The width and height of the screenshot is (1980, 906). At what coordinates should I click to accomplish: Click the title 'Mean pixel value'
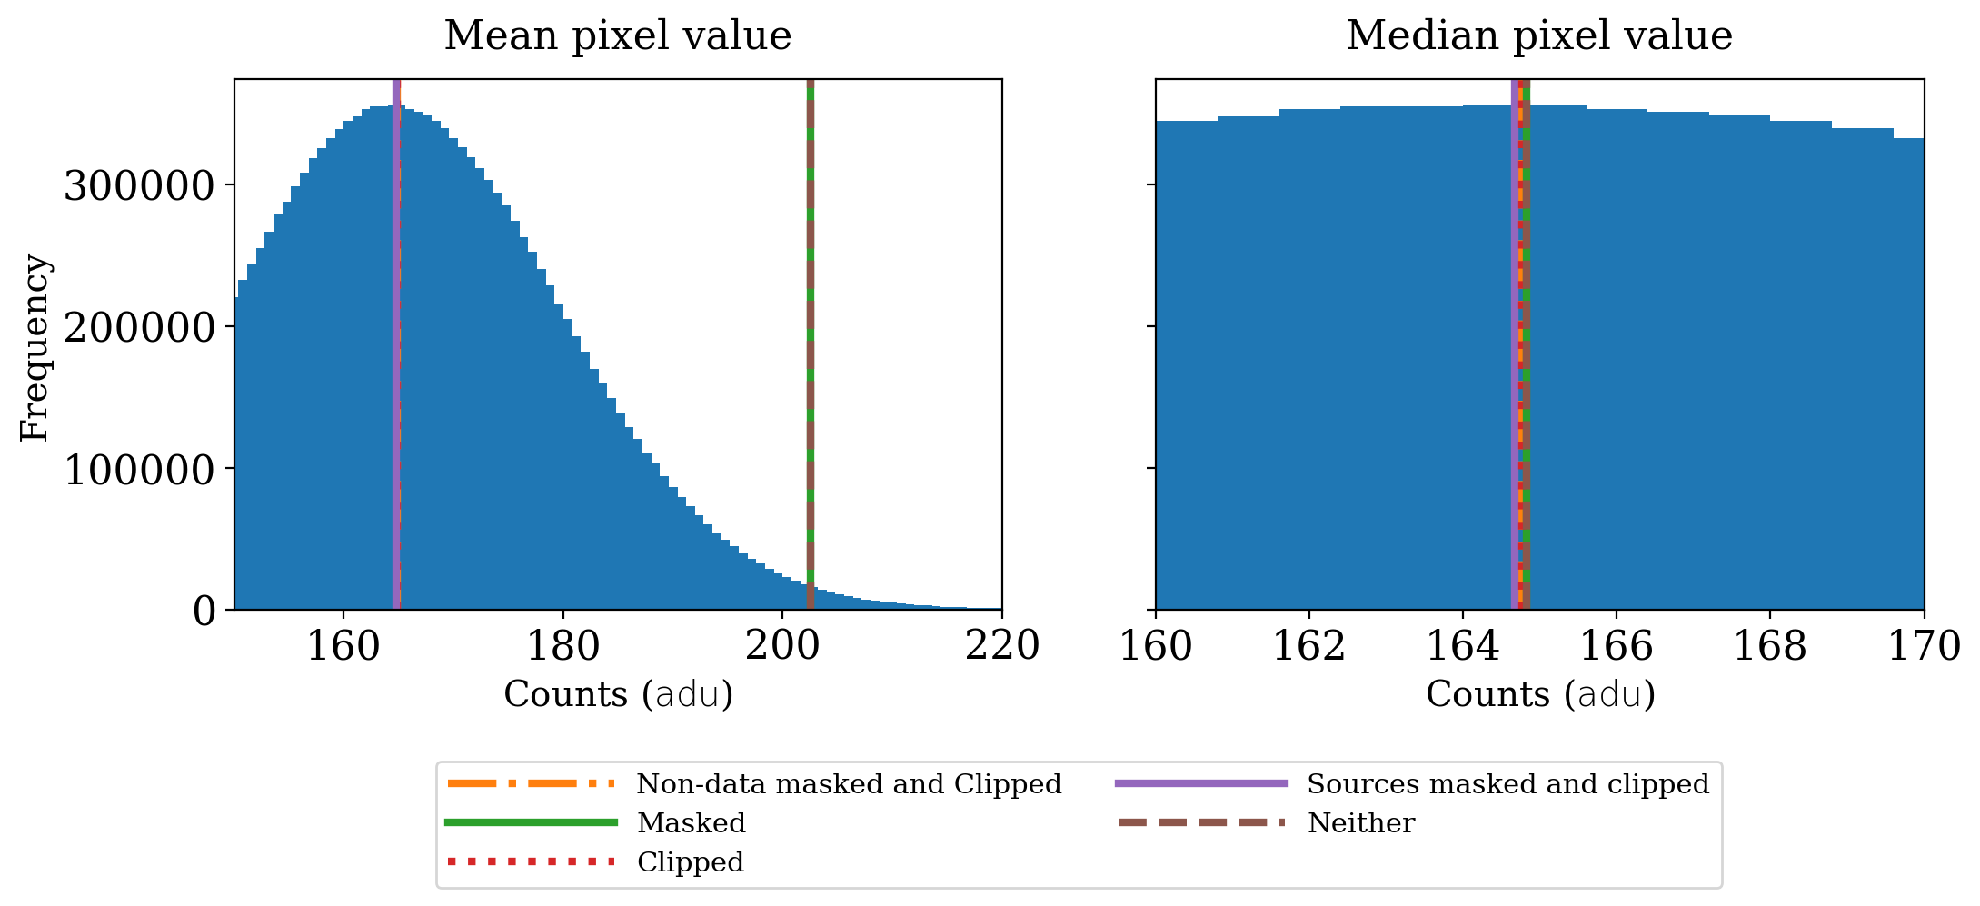click(x=617, y=36)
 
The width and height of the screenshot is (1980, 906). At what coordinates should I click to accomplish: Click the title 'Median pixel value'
click(x=1538, y=36)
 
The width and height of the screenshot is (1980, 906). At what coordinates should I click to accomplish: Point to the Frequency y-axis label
click(x=35, y=347)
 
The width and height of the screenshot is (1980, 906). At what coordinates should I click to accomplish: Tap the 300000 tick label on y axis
click(x=139, y=186)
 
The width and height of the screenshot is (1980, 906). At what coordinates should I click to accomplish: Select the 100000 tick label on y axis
click(x=139, y=470)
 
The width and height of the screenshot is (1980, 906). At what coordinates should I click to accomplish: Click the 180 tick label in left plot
click(x=562, y=646)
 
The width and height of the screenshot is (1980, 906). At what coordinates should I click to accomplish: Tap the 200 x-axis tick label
click(x=782, y=646)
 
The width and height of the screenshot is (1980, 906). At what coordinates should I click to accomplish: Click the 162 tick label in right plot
click(x=1308, y=646)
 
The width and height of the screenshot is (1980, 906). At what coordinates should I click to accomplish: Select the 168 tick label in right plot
click(x=1770, y=646)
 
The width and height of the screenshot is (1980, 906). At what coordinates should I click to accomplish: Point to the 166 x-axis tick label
click(x=1617, y=646)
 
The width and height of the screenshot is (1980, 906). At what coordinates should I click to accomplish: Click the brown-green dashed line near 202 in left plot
click(x=810, y=345)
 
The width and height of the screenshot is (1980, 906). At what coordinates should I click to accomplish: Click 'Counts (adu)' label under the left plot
click(x=618, y=695)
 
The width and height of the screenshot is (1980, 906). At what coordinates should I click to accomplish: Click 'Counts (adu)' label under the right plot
click(x=1540, y=695)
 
